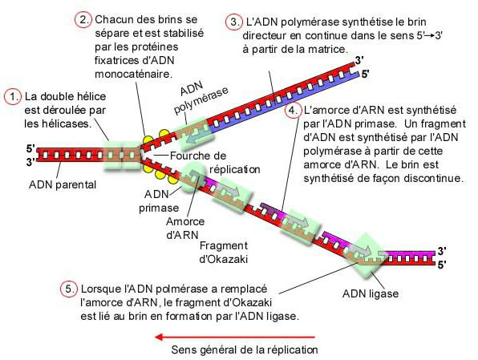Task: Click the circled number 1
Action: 13,96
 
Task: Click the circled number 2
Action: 83,19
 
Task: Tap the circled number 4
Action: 294,110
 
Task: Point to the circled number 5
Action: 70,288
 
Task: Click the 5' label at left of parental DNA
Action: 30,148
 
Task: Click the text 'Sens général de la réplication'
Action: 245,350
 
